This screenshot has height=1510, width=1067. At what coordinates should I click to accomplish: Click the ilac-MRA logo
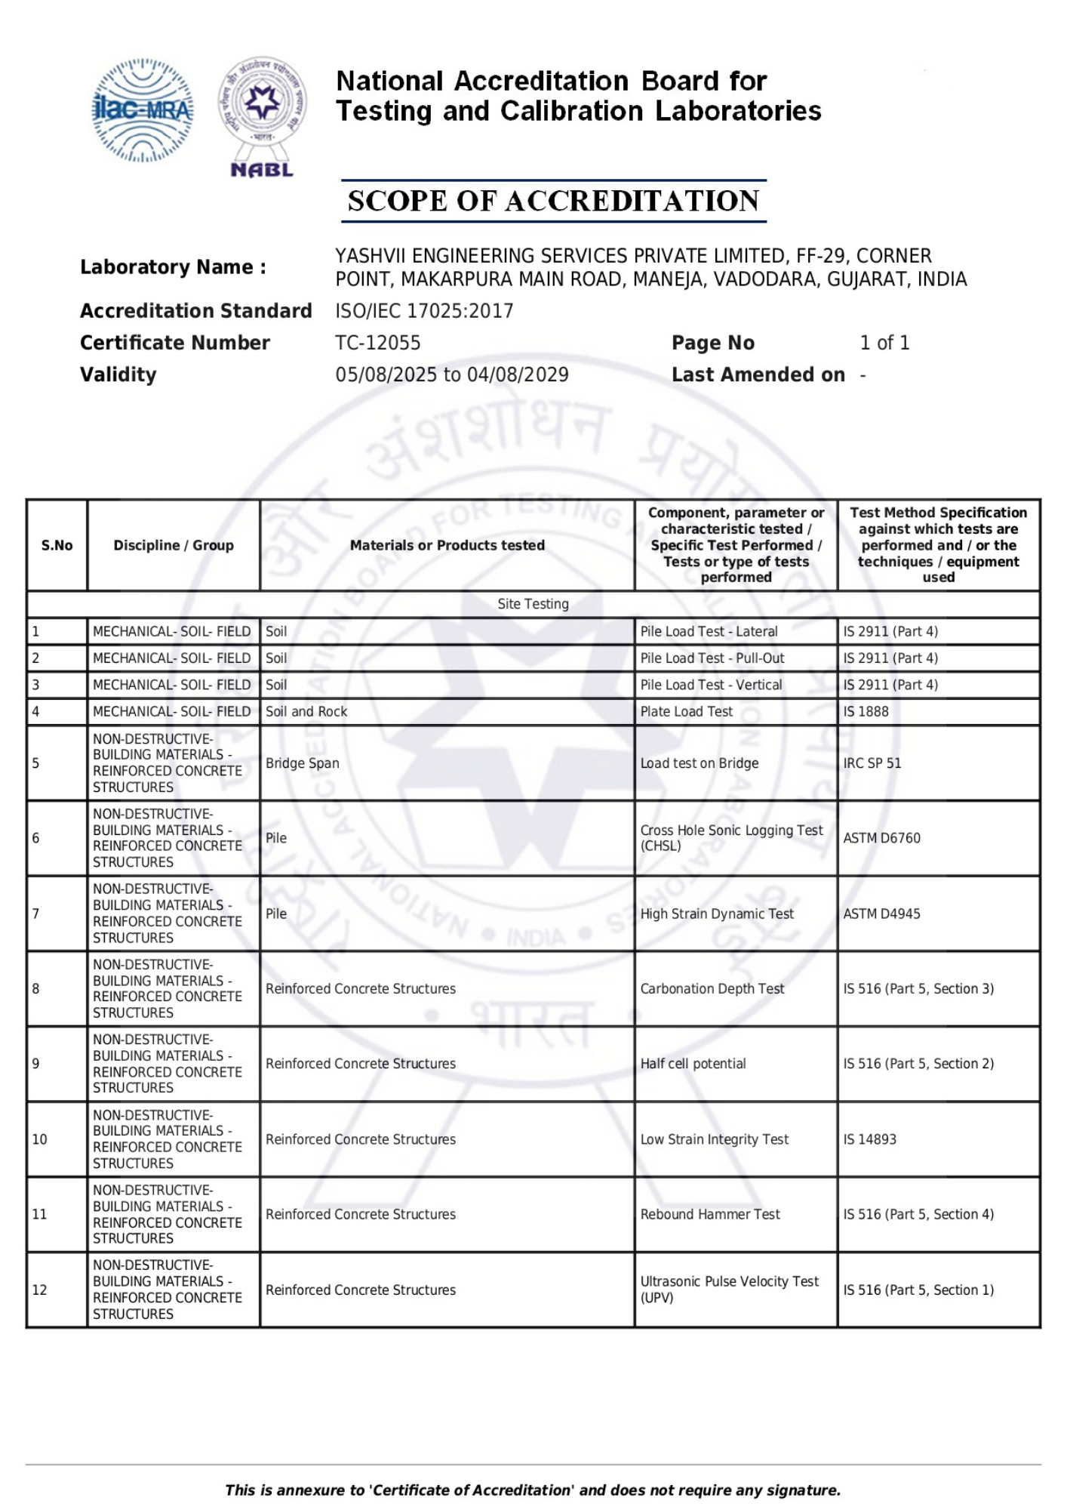point(142,110)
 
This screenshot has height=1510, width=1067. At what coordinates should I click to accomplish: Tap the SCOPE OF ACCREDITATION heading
point(553,201)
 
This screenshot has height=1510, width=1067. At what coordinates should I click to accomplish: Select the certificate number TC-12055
point(378,343)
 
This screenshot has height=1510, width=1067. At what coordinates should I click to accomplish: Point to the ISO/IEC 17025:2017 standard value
point(424,311)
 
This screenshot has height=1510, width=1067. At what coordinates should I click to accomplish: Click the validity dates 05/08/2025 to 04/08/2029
point(452,374)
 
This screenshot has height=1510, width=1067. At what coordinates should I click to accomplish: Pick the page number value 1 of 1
point(884,343)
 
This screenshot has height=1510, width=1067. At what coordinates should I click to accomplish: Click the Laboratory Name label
point(173,267)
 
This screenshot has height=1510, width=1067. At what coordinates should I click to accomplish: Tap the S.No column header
point(57,545)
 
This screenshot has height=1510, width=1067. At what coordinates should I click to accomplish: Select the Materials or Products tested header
point(447,545)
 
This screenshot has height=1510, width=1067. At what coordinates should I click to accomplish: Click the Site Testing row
point(533,604)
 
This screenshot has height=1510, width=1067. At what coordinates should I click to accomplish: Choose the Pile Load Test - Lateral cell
point(709,631)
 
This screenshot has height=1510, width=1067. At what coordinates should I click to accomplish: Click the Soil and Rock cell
point(306,711)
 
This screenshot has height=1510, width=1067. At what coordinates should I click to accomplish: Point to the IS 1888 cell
point(866,711)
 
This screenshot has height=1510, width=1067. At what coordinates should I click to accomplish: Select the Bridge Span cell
point(303,763)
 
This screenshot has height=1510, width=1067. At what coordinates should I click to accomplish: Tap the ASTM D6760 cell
point(881,838)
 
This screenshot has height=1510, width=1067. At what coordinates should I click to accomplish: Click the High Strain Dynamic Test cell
point(717,914)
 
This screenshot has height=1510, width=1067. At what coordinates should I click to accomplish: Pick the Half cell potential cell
point(693,1064)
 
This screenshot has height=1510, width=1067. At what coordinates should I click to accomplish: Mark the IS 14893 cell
point(869,1139)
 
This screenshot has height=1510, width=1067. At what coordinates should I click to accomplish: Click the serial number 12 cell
point(40,1290)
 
